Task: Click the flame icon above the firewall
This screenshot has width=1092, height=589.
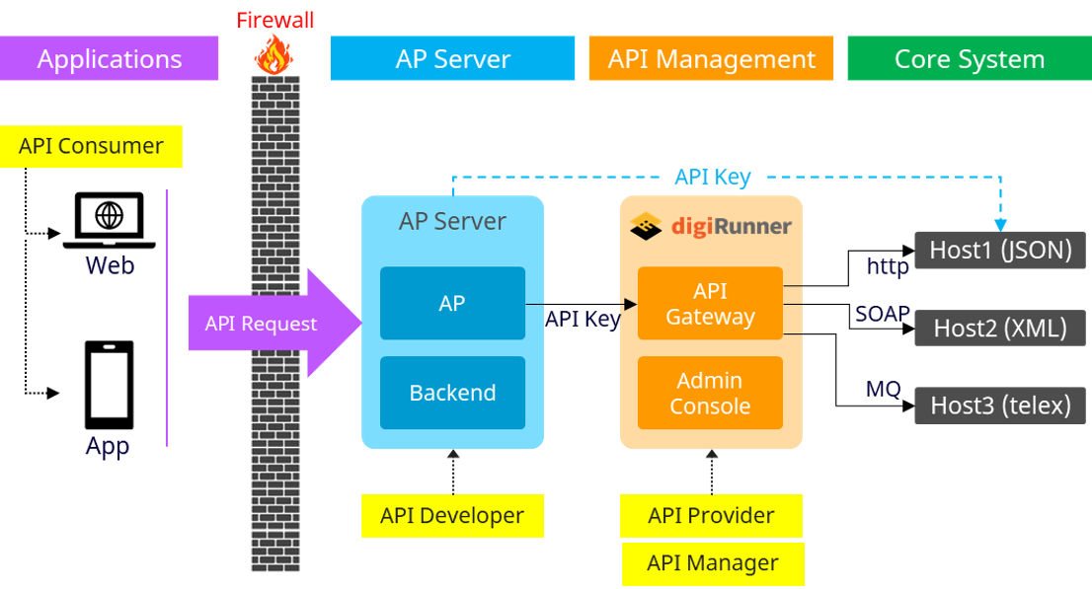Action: [x=273, y=54]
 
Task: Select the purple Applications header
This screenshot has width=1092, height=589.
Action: [x=110, y=59]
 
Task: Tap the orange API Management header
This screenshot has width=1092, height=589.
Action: [x=711, y=59]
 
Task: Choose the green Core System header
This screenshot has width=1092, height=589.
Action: [x=969, y=59]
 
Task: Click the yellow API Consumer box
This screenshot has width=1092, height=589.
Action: [x=91, y=147]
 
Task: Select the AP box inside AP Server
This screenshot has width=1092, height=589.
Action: [x=452, y=304]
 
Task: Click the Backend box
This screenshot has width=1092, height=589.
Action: [x=452, y=393]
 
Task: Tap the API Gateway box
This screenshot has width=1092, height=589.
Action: [x=710, y=304]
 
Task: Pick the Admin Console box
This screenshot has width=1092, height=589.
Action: [x=710, y=393]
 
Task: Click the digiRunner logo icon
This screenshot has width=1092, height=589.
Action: [x=645, y=226]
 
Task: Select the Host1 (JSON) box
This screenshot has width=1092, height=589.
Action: [x=1000, y=250]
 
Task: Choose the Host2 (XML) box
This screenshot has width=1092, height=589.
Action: [x=1000, y=328]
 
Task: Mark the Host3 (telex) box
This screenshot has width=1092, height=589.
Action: [x=1000, y=405]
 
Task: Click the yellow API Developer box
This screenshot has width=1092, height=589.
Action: [x=452, y=516]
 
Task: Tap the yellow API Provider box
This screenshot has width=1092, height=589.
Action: [x=711, y=516]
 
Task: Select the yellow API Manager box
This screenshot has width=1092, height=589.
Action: [x=712, y=563]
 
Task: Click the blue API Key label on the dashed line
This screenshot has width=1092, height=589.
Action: [x=712, y=178]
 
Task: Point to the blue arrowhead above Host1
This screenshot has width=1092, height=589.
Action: [x=1000, y=226]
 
